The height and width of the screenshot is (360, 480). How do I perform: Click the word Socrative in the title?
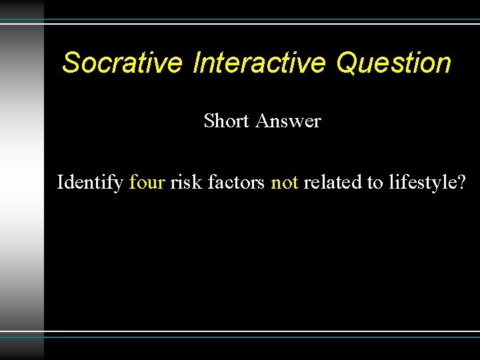[x=122, y=63]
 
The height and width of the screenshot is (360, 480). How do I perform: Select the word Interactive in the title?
[x=259, y=63]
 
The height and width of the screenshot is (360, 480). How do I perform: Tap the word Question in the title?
[x=393, y=63]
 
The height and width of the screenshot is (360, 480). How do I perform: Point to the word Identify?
[x=90, y=182]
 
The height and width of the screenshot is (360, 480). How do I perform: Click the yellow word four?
[x=147, y=182]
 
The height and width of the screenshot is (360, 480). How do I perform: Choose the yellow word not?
[x=285, y=182]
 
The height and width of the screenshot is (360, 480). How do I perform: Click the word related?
[x=332, y=182]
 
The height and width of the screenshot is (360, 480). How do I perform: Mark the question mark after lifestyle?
[x=461, y=182]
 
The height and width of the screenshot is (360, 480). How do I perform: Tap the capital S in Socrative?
[x=71, y=63]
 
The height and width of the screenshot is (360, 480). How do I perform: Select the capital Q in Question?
[x=347, y=63]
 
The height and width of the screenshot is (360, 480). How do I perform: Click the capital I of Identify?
[x=61, y=181]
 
